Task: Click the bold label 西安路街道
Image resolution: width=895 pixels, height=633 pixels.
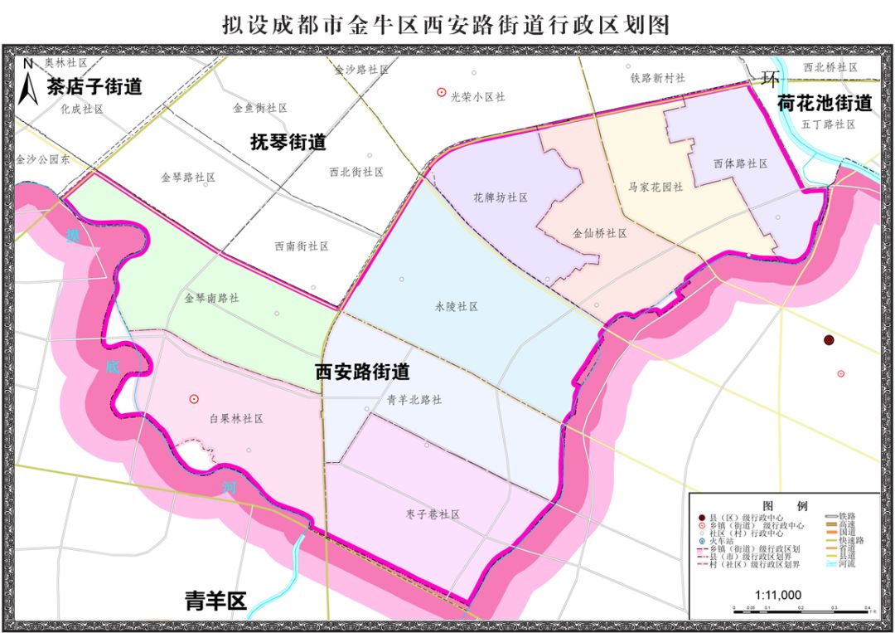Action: (x=362, y=373)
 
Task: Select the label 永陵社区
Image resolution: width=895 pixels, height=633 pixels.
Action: (x=457, y=306)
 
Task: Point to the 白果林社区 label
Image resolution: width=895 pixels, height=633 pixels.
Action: (x=236, y=419)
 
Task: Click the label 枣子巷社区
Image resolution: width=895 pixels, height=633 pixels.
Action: (x=433, y=514)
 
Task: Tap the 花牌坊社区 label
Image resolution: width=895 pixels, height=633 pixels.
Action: (x=501, y=197)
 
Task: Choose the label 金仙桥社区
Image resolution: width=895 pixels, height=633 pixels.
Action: (x=599, y=233)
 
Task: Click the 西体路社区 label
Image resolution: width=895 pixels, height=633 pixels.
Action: (x=740, y=164)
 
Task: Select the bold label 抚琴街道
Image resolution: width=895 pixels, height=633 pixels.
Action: (x=288, y=142)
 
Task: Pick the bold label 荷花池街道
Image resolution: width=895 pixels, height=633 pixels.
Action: (x=825, y=104)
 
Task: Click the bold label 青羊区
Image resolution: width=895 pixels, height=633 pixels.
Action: (x=215, y=601)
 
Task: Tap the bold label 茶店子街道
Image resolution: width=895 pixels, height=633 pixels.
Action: (x=94, y=86)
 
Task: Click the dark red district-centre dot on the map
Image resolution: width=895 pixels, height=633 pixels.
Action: (x=828, y=340)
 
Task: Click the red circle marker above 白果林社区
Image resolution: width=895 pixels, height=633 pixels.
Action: (x=194, y=399)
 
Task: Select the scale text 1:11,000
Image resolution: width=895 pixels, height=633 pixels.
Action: (x=778, y=595)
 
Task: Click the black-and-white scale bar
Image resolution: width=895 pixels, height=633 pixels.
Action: (x=800, y=610)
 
